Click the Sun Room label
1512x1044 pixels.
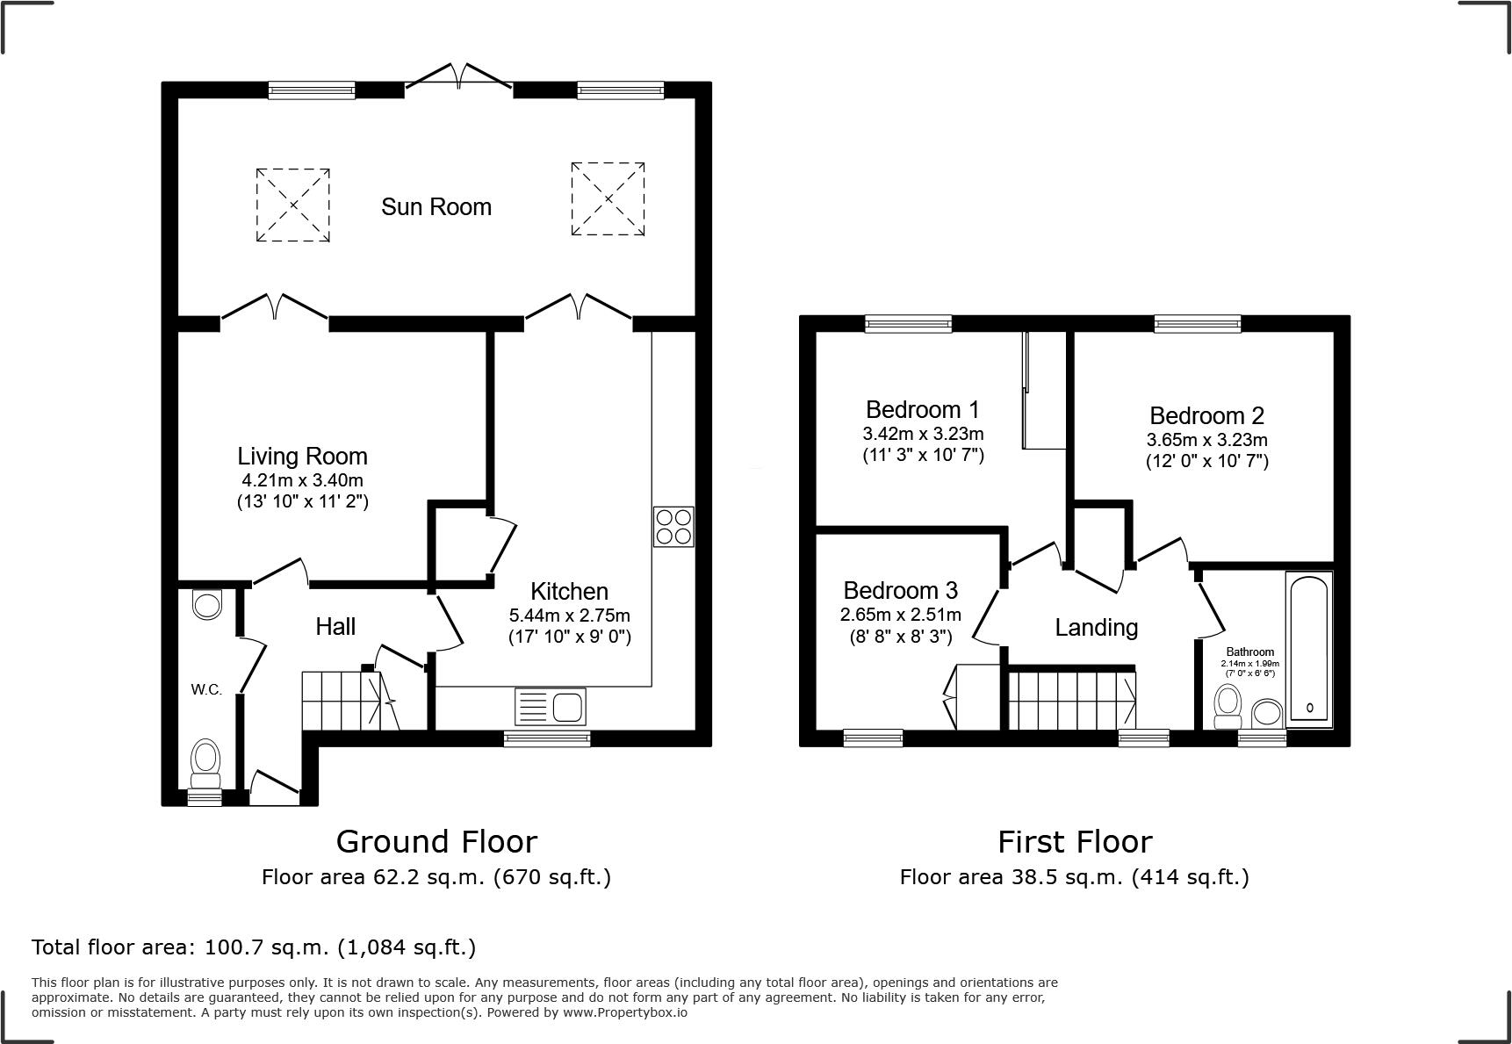click(x=436, y=207)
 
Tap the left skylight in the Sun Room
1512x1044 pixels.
click(x=292, y=205)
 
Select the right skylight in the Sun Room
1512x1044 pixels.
click(x=608, y=198)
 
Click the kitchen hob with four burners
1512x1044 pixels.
click(x=673, y=527)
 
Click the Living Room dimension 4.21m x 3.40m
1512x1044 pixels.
click(x=302, y=480)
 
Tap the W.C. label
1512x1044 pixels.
click(x=206, y=690)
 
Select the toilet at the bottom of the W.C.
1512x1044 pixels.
click(x=206, y=761)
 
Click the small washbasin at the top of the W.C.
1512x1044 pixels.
click(x=207, y=605)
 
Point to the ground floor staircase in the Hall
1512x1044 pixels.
click(x=343, y=700)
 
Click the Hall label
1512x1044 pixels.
click(x=335, y=627)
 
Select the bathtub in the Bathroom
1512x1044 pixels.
click(x=1309, y=647)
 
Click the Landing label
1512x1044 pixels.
click(x=1096, y=628)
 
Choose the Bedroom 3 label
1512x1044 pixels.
click(x=900, y=590)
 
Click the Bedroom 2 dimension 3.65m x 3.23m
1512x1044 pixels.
click(x=1206, y=440)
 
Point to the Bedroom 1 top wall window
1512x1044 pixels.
click(x=908, y=324)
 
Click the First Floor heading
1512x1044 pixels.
click(x=1074, y=842)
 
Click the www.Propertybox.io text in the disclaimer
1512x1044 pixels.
click(x=624, y=1012)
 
